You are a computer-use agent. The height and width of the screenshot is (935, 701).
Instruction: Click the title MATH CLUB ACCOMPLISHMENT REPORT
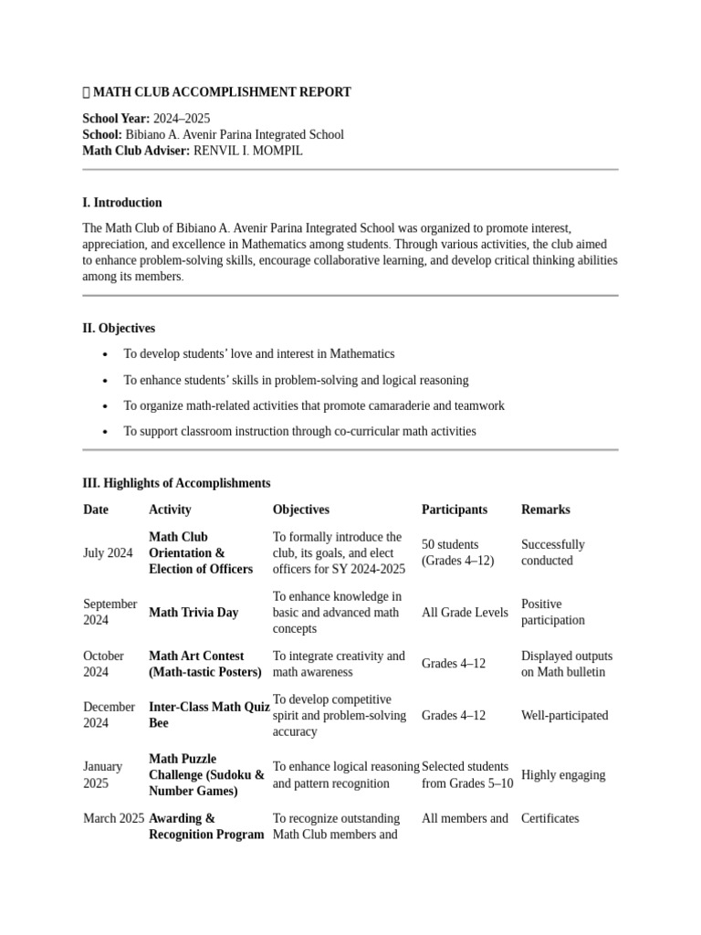[222, 92]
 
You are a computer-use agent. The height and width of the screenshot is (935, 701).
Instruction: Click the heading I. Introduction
[122, 203]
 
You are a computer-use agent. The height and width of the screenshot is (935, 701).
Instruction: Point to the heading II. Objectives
[119, 328]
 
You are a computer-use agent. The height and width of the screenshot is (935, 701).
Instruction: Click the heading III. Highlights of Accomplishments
[176, 483]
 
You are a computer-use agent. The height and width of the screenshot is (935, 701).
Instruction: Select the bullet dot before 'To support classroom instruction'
[106, 432]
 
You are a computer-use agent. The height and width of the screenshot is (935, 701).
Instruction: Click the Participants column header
[454, 510]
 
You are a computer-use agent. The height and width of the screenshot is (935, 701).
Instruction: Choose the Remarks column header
[545, 510]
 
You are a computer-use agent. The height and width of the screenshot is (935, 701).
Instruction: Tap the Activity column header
[170, 510]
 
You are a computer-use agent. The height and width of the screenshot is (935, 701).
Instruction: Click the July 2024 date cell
[108, 553]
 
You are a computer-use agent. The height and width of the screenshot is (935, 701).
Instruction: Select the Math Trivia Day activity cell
[194, 613]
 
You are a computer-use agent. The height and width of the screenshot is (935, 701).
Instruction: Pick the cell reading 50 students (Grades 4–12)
[457, 552]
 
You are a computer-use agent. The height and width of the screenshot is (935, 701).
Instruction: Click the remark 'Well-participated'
[564, 716]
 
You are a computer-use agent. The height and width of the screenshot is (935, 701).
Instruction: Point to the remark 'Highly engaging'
[562, 775]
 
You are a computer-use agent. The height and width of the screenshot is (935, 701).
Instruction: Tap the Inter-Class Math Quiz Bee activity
[208, 715]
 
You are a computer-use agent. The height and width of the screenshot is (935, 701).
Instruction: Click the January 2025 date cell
[103, 775]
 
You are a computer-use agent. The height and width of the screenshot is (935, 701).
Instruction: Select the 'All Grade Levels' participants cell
[465, 613]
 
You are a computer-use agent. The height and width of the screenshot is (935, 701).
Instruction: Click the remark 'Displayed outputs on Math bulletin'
[566, 664]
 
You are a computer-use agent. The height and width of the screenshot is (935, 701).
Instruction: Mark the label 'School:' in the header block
[102, 134]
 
